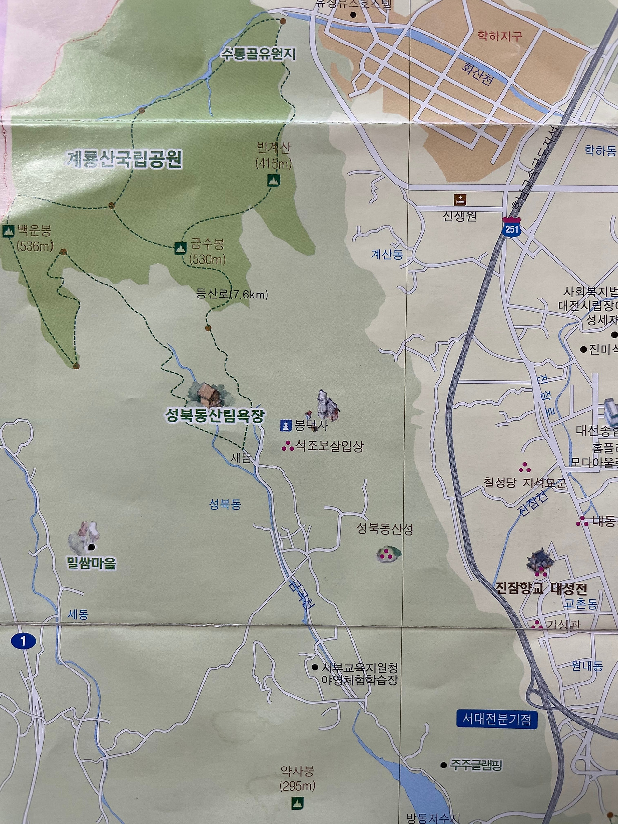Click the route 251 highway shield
tap(511, 229)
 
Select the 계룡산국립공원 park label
tap(124, 158)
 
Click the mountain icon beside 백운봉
tap(8, 231)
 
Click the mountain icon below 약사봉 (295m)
tap(297, 803)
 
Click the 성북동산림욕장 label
tap(215, 416)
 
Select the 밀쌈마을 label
tap(92, 563)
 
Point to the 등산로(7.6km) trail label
tap(232, 294)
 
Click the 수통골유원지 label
tap(258, 54)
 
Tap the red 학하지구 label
tap(500, 36)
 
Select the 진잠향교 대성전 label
tap(541, 589)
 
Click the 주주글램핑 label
tap(476, 765)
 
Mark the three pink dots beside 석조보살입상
tap(288, 447)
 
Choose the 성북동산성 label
tap(385, 529)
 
